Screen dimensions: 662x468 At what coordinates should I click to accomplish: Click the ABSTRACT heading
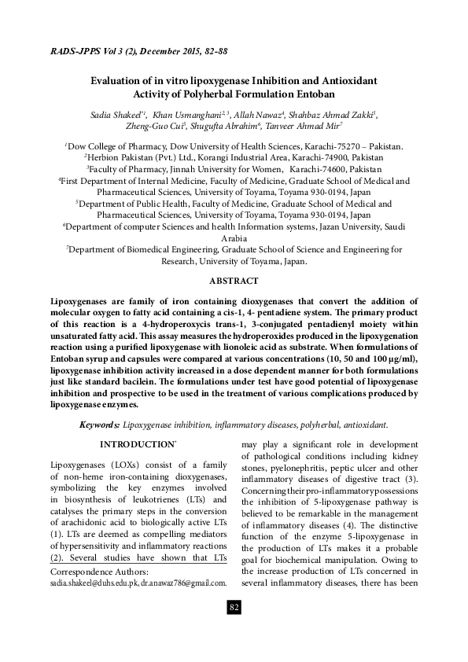pos(234,281)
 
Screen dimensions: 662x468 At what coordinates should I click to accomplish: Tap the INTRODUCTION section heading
pos(134,445)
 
